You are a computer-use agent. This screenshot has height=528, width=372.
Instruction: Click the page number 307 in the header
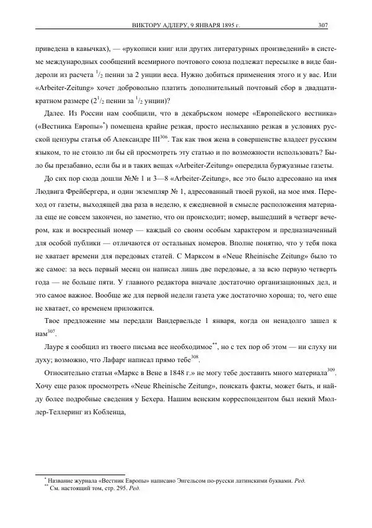pos(322,25)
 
